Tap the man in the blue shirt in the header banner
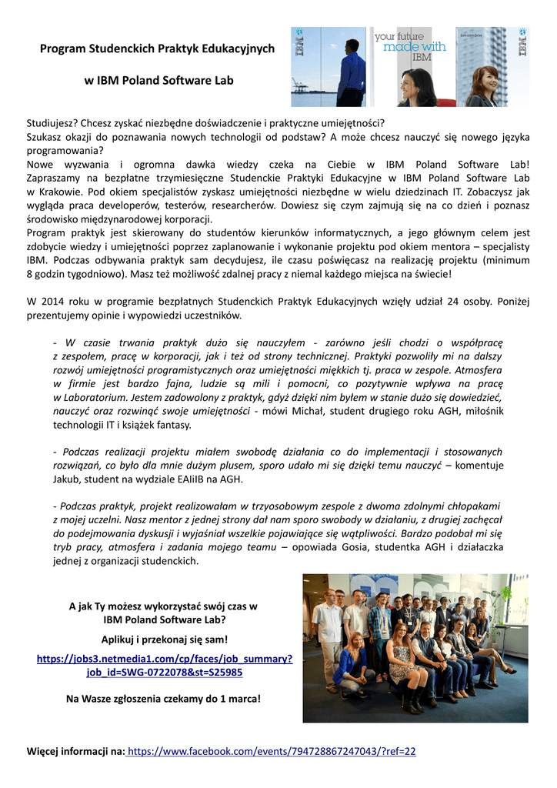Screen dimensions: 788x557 [351, 73]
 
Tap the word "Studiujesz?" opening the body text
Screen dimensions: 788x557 [56, 122]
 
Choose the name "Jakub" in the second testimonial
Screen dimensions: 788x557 [67, 479]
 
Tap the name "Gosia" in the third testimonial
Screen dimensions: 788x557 [328, 547]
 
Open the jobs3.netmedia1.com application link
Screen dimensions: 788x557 [165, 665]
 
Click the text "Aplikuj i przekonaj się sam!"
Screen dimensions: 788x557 [165, 639]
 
